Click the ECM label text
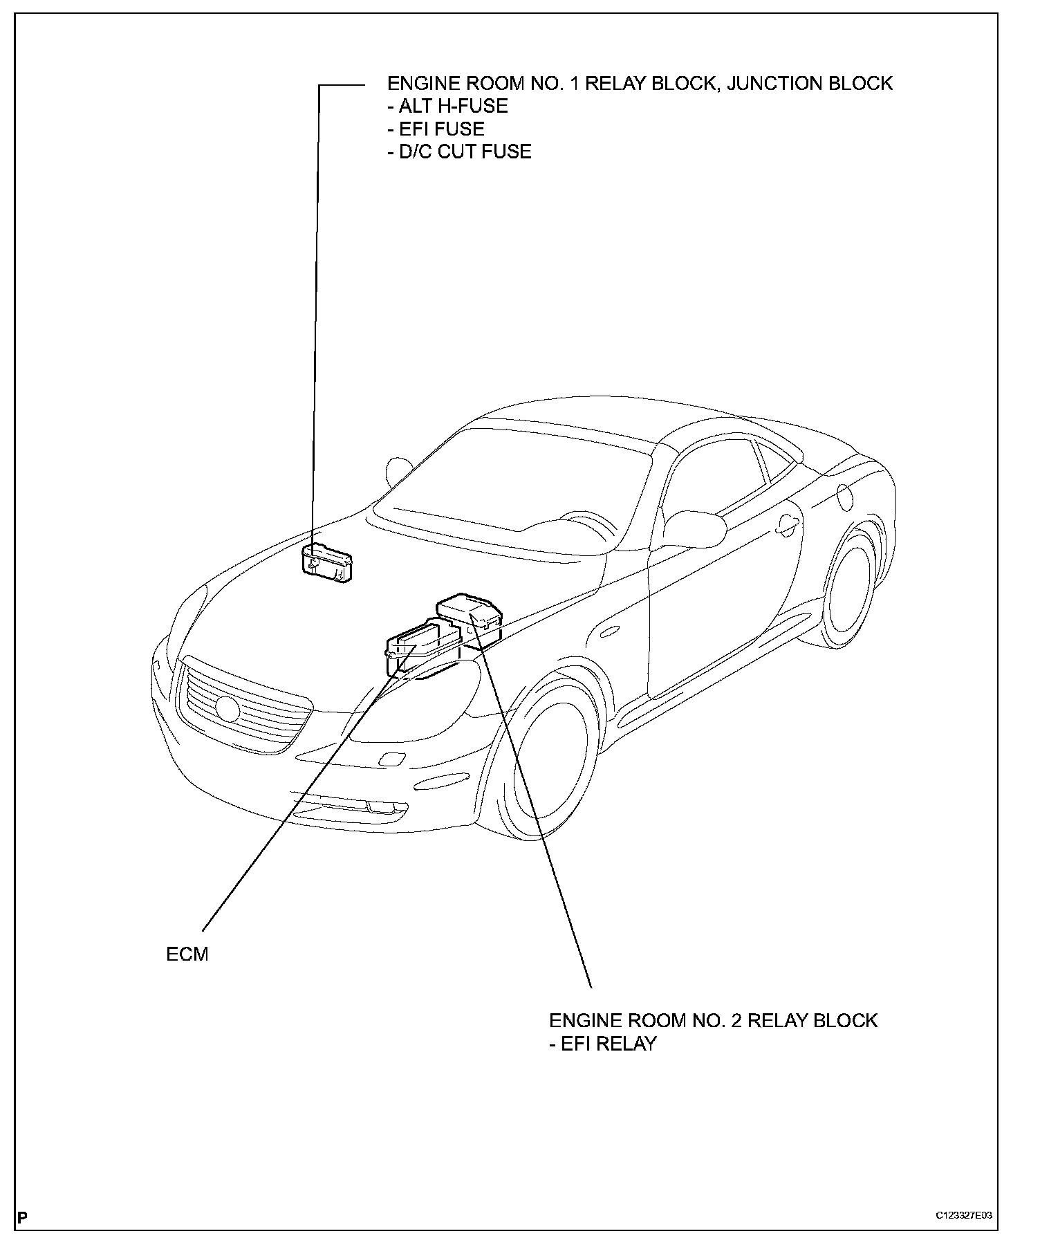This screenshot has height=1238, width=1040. coord(187,955)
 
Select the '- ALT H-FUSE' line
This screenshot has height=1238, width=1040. coord(447,107)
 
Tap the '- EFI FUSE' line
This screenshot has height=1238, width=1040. coord(436,129)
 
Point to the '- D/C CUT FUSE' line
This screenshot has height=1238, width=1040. coord(459,152)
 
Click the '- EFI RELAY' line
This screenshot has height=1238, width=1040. coord(602,1044)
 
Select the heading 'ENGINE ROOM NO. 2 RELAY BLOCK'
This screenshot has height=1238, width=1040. coord(713,1021)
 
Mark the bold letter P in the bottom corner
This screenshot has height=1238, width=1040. coord(22,1217)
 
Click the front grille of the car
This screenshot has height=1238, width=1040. coord(242,705)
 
